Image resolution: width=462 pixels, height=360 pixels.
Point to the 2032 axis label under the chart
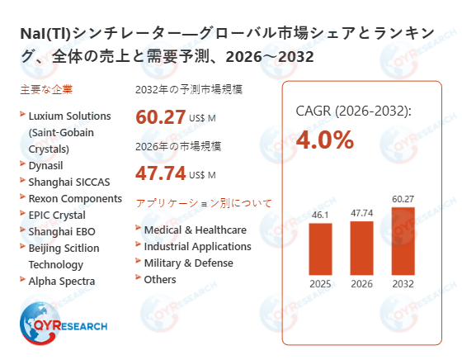[403, 285]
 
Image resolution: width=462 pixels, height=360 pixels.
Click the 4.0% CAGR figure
[324, 140]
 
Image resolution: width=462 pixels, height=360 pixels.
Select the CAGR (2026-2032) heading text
[352, 111]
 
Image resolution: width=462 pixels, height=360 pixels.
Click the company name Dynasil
[47, 164]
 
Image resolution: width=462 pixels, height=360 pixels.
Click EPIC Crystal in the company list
[56, 215]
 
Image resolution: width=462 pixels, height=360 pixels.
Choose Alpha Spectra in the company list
[61, 281]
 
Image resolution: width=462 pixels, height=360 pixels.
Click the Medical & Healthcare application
[195, 230]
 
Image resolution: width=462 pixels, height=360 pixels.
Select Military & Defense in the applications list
[188, 263]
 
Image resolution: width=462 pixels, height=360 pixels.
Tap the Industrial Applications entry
[197, 246]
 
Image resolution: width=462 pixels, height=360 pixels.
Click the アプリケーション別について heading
[203, 202]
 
